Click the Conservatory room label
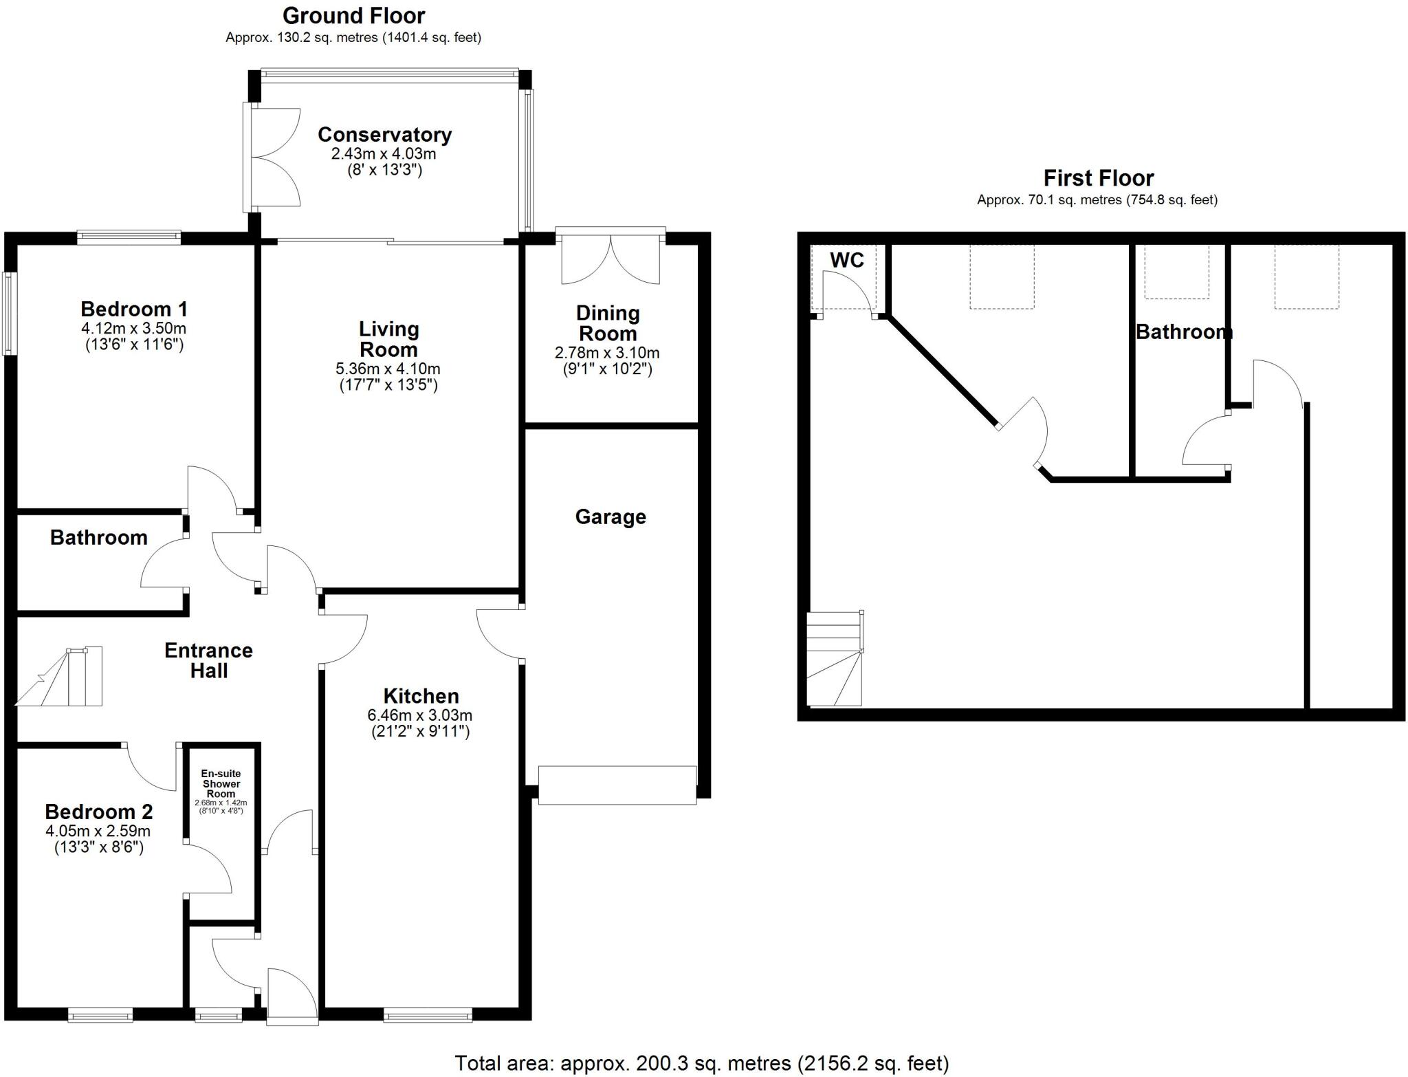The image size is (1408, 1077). (384, 135)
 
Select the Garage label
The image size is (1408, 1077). (610, 517)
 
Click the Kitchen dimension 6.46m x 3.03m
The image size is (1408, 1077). (420, 715)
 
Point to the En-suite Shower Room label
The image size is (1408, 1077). (221, 783)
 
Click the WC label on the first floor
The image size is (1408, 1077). (846, 261)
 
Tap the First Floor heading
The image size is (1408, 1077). (1098, 179)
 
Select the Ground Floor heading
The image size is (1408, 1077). (353, 15)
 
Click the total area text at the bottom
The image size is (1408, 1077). (701, 1063)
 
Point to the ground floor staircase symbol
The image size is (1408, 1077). (62, 677)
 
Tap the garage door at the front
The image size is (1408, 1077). (617, 785)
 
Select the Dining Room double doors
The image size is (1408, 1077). (610, 258)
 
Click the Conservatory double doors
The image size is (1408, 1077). (274, 157)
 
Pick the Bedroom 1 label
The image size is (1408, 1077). (134, 309)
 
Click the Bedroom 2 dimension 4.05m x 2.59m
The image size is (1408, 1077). (98, 831)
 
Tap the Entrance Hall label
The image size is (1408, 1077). (208, 660)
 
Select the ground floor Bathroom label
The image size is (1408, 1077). (99, 538)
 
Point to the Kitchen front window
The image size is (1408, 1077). (428, 1014)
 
